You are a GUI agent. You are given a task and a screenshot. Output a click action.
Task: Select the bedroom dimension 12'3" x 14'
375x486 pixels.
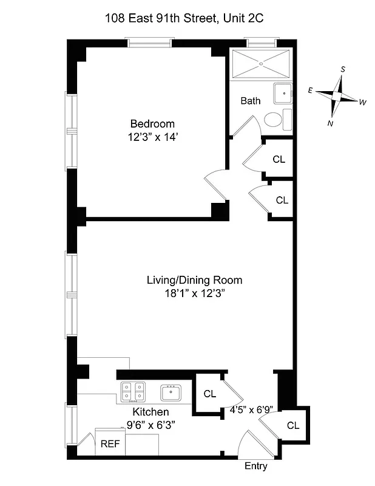click(x=152, y=137)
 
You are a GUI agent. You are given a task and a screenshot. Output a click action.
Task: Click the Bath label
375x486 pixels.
click(x=250, y=100)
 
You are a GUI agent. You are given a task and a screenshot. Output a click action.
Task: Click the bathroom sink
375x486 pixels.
click(x=283, y=94)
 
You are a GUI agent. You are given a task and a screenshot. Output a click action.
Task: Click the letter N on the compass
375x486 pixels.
click(x=330, y=123)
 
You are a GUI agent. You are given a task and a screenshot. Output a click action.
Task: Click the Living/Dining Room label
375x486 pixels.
click(x=194, y=280)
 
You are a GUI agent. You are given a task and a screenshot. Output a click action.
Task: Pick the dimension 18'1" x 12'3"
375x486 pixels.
click(x=194, y=293)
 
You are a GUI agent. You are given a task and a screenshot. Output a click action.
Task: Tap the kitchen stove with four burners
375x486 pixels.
click(x=133, y=391)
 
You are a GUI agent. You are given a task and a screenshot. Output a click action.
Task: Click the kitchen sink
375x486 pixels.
click(x=171, y=392)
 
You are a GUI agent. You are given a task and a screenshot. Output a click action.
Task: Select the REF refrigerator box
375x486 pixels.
click(x=110, y=443)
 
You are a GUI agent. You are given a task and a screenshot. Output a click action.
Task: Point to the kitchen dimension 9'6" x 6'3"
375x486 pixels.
click(x=151, y=425)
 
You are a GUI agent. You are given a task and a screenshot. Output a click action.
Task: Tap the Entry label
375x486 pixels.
click(x=255, y=467)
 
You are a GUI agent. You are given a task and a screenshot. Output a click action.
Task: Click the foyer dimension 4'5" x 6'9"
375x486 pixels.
click(x=251, y=410)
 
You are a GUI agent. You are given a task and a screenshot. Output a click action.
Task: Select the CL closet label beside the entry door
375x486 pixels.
click(x=293, y=425)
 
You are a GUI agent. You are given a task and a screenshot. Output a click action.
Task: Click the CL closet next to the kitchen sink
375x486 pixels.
click(x=209, y=394)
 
